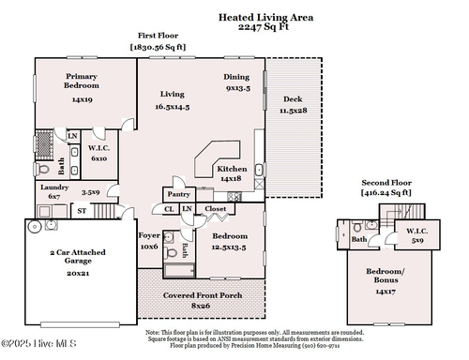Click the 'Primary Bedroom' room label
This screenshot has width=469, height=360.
pos(82,81)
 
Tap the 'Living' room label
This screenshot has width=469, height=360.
pos(172,94)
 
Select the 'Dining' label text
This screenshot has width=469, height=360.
pos(236,76)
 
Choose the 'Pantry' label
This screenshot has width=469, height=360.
pos(175,194)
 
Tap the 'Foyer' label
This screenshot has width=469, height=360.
pos(149,235)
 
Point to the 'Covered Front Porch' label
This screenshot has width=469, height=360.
pos(201,295)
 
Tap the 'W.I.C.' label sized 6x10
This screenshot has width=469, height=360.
pos(99,149)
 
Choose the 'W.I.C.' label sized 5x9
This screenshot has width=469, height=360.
pos(416,231)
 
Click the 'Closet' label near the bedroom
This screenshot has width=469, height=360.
pos(215,208)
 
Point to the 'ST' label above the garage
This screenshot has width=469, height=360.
pos(82,211)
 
